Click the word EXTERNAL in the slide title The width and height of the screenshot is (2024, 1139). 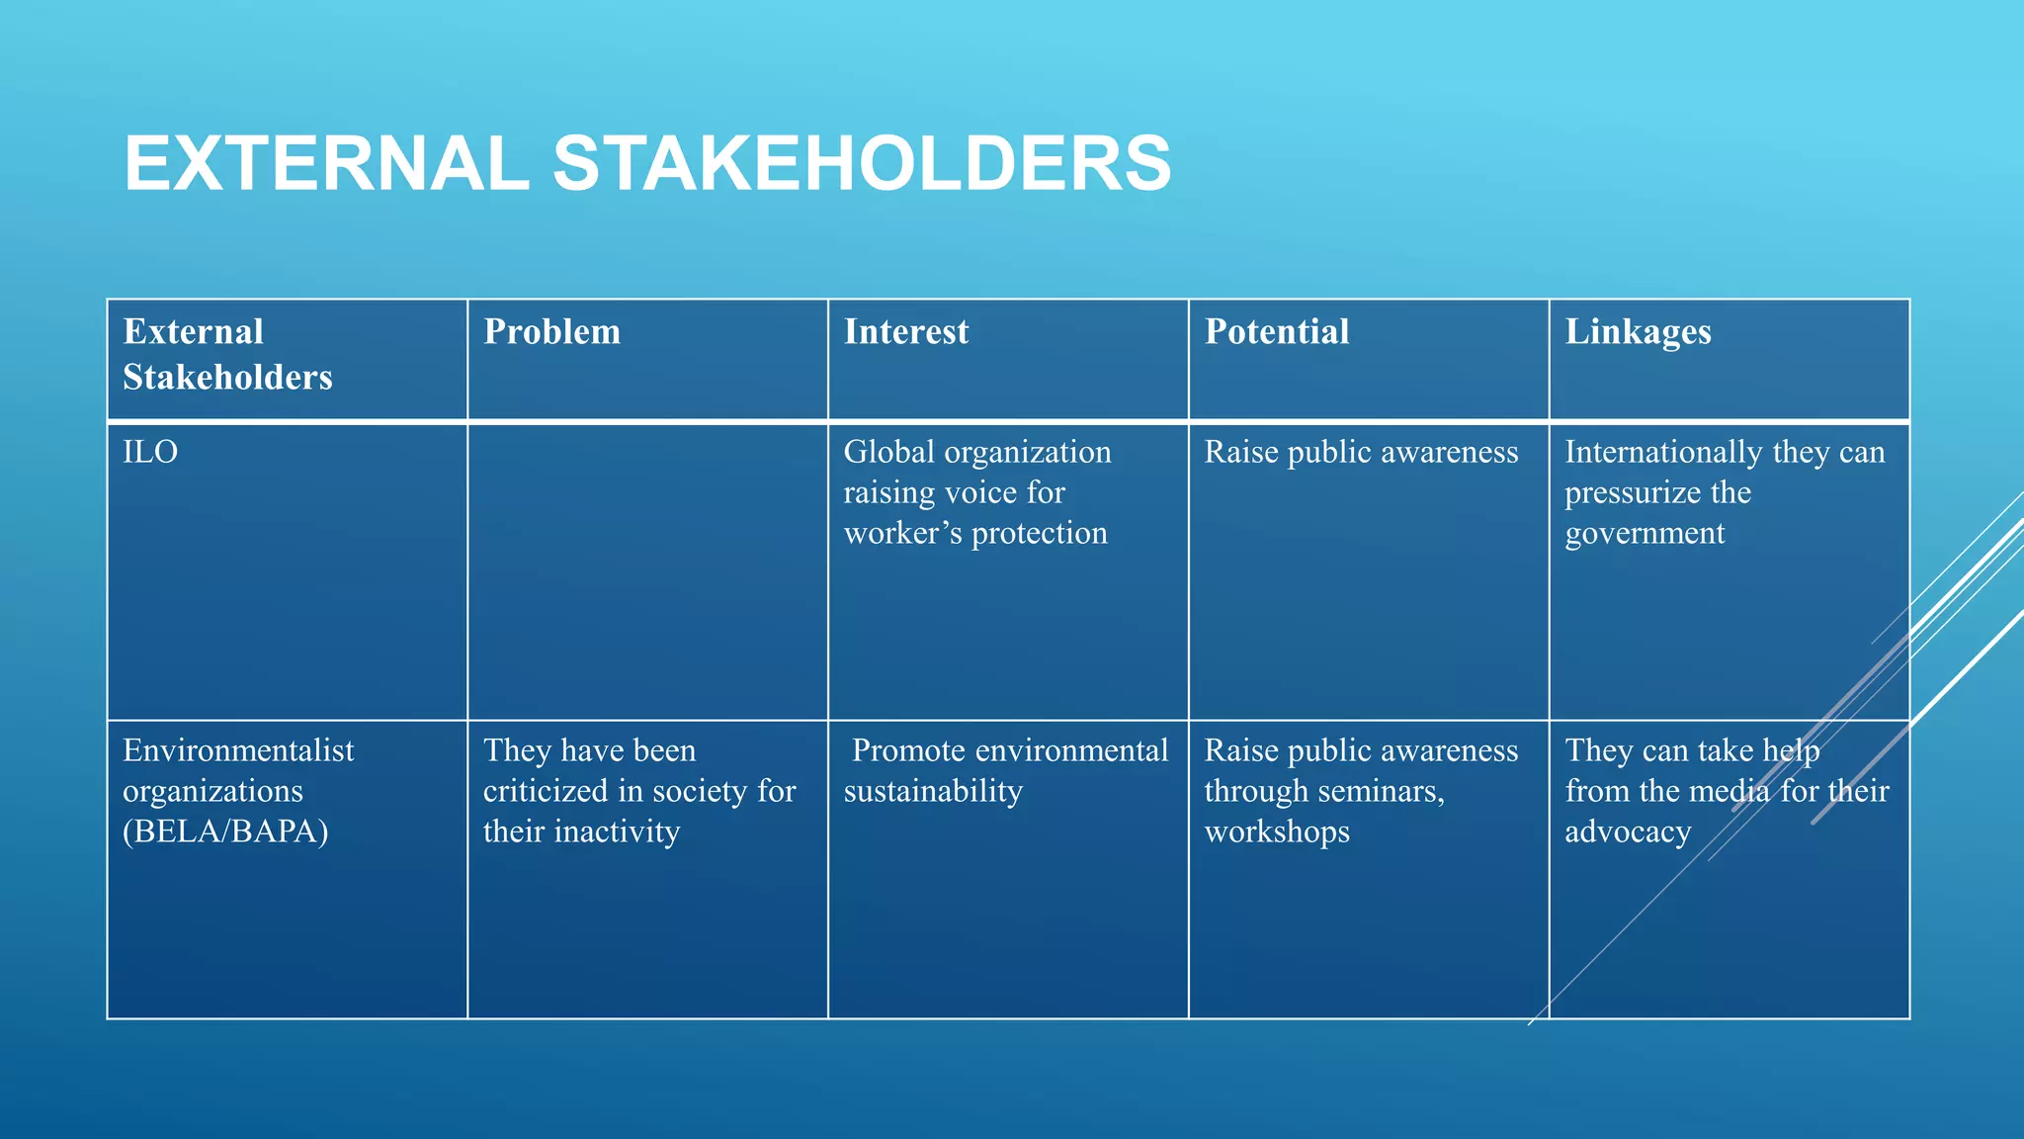pos(326,163)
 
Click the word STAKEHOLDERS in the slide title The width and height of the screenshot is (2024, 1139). pos(862,163)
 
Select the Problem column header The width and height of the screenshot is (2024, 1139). pos(551,332)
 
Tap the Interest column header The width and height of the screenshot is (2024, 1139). pos(905,332)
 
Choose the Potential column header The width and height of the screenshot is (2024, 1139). pos(1276,332)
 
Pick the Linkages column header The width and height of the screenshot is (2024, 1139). pos(1638,332)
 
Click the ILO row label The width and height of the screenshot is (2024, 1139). pos(150,453)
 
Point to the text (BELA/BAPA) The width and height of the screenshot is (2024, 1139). pos(225,832)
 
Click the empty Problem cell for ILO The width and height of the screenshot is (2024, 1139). pos(647,571)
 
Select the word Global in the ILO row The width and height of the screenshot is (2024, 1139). pos(888,453)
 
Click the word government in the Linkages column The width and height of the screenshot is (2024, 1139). pos(1644,534)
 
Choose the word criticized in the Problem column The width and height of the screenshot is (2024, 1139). pos(546,792)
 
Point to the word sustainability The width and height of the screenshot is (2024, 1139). pos(933,792)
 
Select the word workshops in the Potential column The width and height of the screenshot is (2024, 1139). pos(1277,832)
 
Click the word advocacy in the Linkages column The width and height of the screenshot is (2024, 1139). pos(1628,832)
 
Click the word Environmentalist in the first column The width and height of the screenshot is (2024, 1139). pos(238,751)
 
